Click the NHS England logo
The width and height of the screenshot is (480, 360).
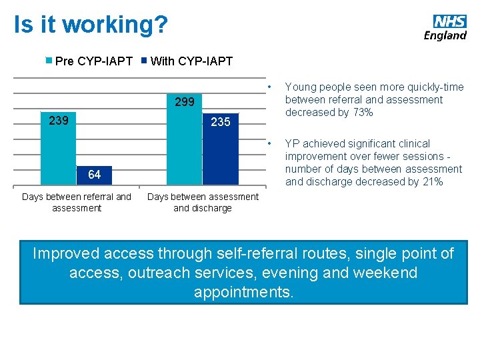point(445,27)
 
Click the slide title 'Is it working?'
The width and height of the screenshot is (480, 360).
point(91,25)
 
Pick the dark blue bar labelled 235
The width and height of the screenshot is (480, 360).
point(220,153)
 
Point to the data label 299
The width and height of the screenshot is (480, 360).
point(184,103)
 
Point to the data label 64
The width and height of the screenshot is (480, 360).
point(94,175)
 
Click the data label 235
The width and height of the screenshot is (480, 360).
point(220,122)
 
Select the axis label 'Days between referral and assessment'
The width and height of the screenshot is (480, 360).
point(77,202)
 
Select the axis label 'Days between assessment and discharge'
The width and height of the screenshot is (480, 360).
point(202,202)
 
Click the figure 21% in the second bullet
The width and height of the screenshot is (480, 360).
point(432,181)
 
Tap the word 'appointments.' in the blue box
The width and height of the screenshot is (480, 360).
point(243,292)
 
